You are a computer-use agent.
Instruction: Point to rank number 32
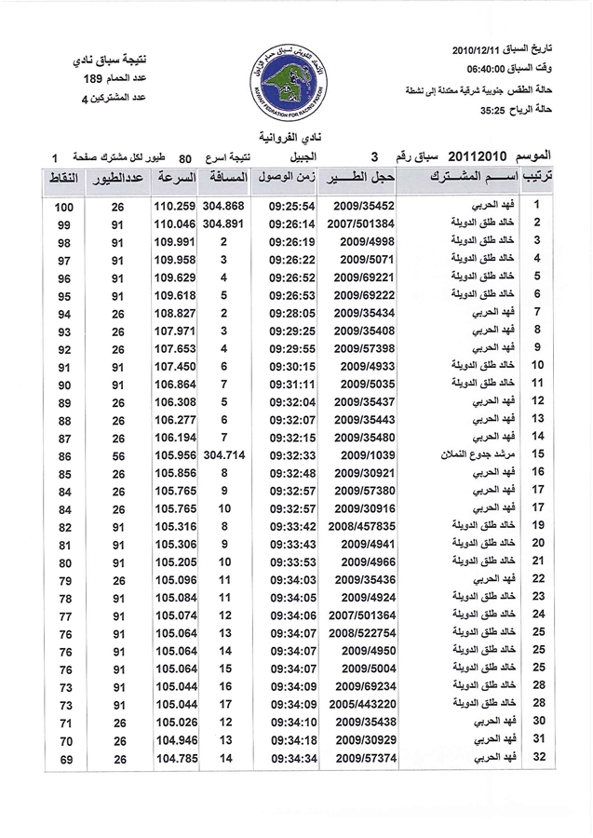coord(537,756)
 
